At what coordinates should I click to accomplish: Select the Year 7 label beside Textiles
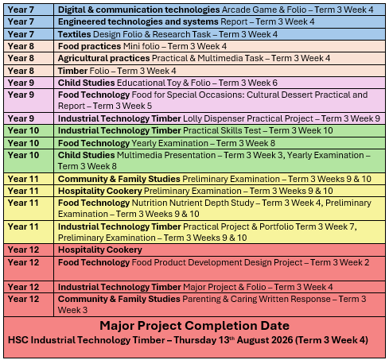tap(21, 34)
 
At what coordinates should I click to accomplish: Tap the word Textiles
tap(75, 34)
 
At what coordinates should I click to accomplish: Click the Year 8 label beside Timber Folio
tap(21, 71)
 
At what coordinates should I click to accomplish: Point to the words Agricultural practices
tap(104, 58)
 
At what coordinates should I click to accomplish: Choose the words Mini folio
tap(142, 46)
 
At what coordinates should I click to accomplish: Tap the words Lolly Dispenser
tap(214, 118)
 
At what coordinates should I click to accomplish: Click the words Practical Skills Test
tap(222, 130)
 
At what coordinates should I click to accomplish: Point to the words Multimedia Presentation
tap(166, 155)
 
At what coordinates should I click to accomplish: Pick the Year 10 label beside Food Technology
tap(23, 143)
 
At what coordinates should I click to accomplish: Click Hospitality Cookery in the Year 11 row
tap(100, 191)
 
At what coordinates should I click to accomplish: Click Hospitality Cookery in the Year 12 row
tap(100, 250)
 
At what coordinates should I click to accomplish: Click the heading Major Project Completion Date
tap(195, 326)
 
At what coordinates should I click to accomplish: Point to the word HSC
tap(18, 340)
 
